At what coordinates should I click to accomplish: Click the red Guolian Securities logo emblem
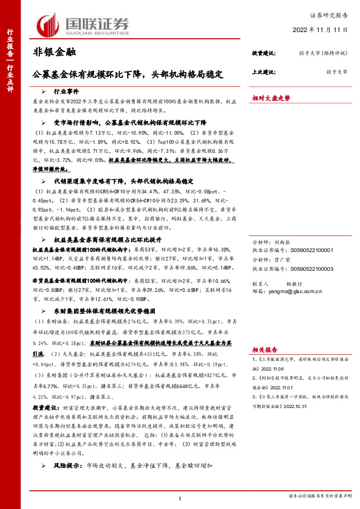pyautogui.click(x=46, y=25)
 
